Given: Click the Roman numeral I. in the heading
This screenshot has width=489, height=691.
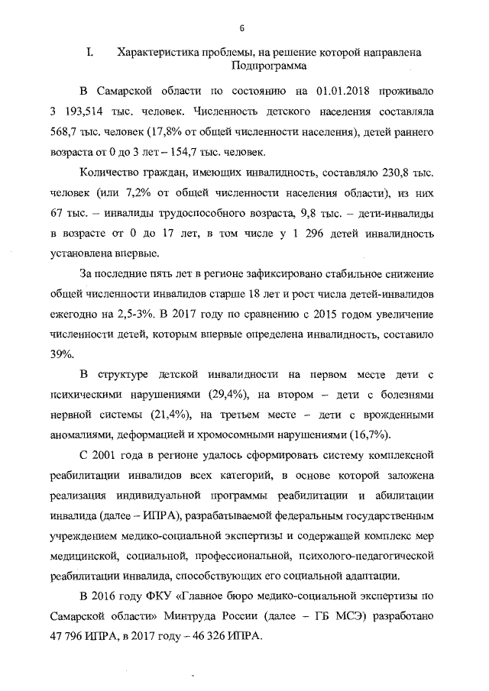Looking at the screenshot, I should (x=89, y=53).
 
